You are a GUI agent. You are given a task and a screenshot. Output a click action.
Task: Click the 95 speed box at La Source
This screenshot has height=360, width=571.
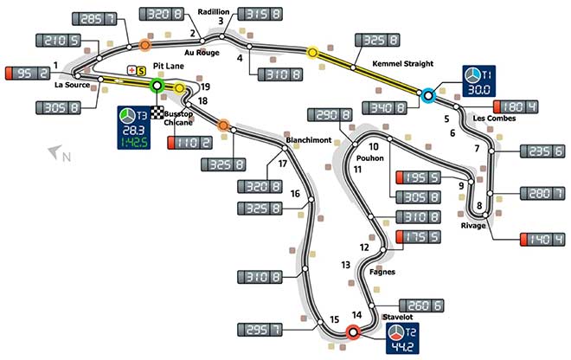click(28, 74)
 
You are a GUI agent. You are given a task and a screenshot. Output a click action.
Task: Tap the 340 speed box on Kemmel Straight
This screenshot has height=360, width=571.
click(384, 108)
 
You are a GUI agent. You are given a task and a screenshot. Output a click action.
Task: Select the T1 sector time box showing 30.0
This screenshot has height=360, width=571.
click(478, 81)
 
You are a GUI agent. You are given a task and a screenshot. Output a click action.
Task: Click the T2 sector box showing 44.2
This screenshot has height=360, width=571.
click(402, 338)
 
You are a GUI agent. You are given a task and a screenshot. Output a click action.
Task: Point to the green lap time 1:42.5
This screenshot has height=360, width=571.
click(134, 143)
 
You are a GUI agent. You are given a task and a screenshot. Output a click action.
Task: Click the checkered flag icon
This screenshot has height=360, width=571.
click(157, 112)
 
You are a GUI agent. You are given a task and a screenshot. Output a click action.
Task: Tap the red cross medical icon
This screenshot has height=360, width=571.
click(132, 70)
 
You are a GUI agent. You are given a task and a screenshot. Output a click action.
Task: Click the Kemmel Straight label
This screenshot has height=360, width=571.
click(403, 64)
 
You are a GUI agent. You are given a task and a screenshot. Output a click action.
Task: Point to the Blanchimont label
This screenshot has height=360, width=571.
click(309, 140)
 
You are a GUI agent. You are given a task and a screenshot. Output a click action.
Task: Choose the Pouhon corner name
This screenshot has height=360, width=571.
click(370, 158)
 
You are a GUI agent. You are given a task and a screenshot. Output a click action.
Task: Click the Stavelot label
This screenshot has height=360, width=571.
click(398, 317)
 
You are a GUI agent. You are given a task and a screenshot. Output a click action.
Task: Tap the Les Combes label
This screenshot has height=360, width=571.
click(494, 119)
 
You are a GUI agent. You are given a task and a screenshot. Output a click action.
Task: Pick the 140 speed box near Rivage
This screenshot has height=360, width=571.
click(542, 240)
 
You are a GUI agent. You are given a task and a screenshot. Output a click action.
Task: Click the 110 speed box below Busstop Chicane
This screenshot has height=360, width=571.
click(189, 143)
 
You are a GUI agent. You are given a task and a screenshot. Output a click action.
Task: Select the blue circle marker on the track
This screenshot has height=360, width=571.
click(428, 95)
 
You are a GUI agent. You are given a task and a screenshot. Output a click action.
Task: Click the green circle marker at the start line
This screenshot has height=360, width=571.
click(157, 86)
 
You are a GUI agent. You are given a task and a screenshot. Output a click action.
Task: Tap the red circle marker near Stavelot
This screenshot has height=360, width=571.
click(352, 332)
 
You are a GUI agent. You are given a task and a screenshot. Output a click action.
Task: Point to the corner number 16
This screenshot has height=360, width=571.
click(295, 194)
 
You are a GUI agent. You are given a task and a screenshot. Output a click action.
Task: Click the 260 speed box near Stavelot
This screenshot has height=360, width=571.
click(421, 305)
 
